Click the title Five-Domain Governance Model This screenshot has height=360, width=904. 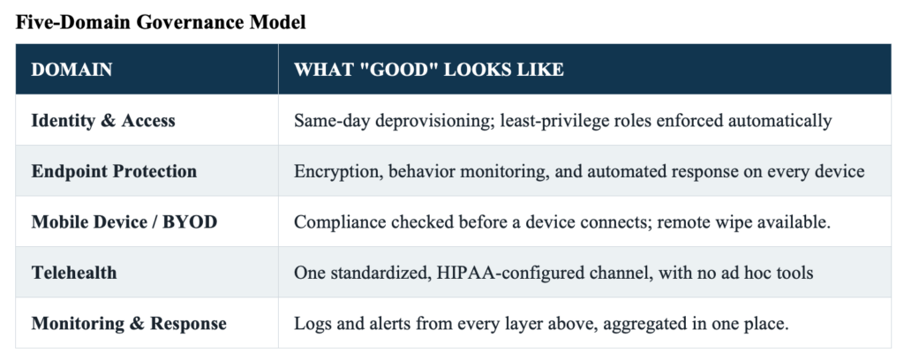(x=161, y=22)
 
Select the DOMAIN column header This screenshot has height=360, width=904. (x=72, y=70)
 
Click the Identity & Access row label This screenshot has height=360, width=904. (x=103, y=120)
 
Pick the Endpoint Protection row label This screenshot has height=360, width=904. (x=114, y=171)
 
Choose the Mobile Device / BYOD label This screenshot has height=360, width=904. (x=124, y=221)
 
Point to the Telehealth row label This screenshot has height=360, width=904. (x=74, y=273)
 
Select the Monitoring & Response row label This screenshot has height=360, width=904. (x=129, y=323)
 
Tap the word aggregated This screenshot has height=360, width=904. (x=649, y=324)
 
